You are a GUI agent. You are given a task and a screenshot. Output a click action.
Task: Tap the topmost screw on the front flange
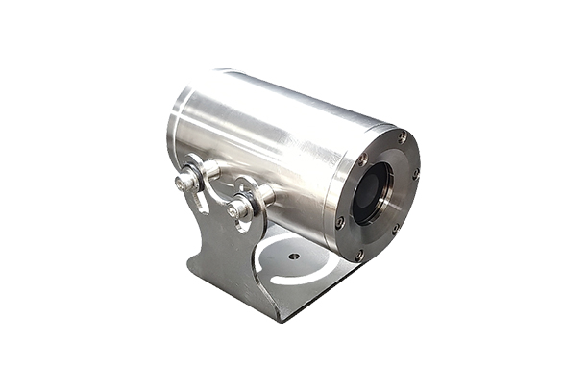tap(402, 138)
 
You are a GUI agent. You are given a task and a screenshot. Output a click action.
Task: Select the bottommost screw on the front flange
tap(358, 255)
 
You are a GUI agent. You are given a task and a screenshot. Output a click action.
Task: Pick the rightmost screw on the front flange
tap(415, 174)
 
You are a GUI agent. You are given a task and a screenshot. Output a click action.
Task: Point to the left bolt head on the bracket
tap(183, 181)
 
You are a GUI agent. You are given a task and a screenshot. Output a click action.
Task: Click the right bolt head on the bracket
tap(235, 208)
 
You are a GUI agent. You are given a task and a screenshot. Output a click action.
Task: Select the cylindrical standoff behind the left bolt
tap(208, 170)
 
